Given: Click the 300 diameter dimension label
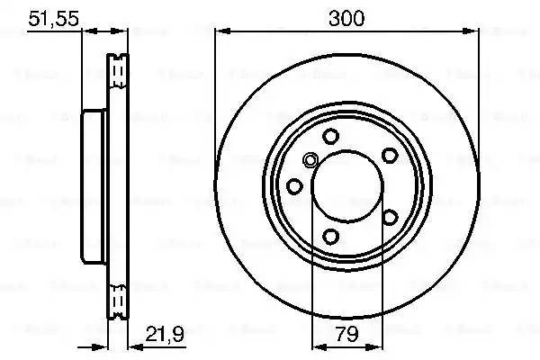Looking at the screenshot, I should pyautogui.click(x=346, y=18).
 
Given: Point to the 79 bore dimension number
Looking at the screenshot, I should pyautogui.click(x=346, y=335).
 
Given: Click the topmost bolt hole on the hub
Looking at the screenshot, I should pyautogui.click(x=330, y=136).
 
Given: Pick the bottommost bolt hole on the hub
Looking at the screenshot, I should pyautogui.click(x=330, y=237).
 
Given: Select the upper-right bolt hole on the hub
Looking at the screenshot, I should pyautogui.click(x=391, y=154).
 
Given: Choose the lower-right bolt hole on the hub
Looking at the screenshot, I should pyautogui.click(x=390, y=216).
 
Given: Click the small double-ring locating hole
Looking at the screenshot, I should pyautogui.click(x=310, y=161).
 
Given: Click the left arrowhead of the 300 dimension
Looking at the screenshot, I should pyautogui.click(x=221, y=31).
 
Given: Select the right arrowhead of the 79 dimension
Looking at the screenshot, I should pyautogui.click(x=376, y=346).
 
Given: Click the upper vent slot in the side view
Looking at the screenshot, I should pyautogui.click(x=116, y=69).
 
